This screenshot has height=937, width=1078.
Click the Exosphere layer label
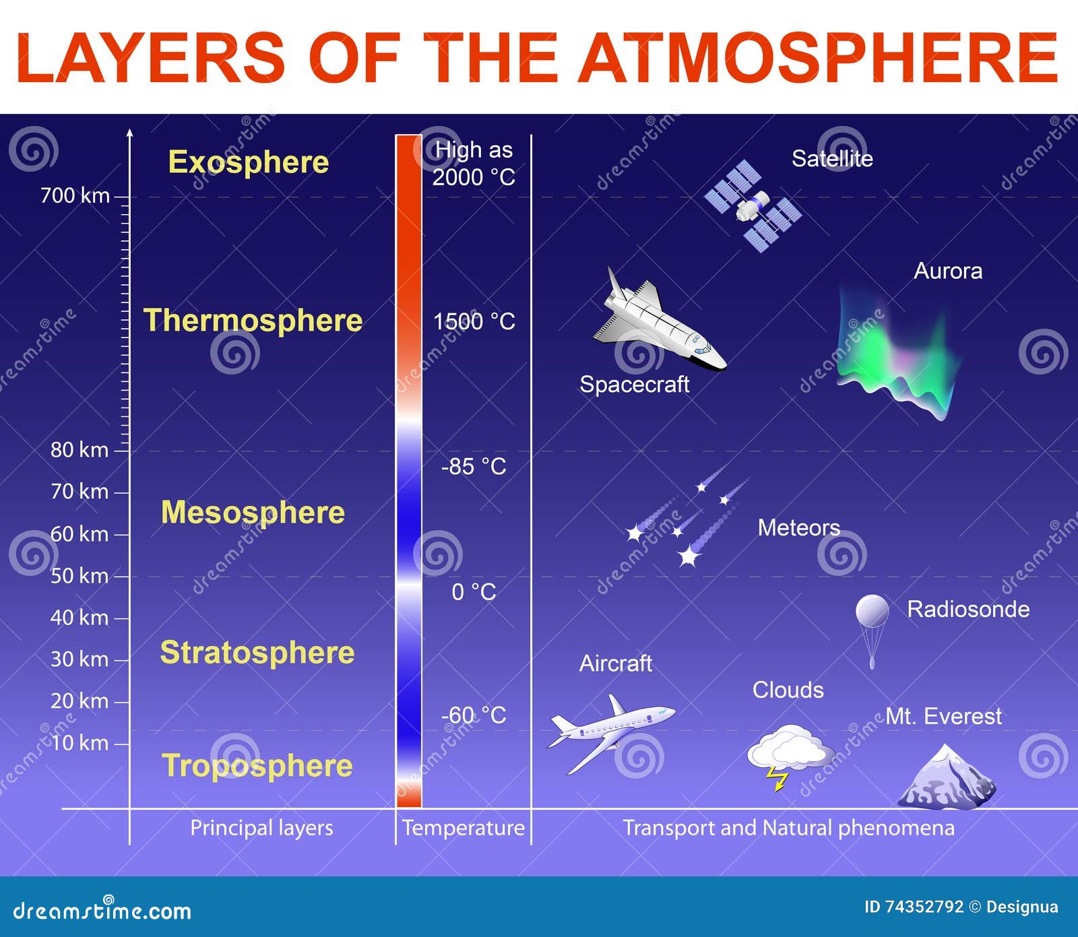(249, 162)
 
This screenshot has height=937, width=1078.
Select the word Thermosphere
(253, 320)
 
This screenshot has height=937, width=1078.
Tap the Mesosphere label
(253, 513)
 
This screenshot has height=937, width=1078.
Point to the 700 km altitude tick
(122, 197)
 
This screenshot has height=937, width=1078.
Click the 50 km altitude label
(79, 576)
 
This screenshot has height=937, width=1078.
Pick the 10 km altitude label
(79, 743)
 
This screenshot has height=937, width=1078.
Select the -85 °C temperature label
(474, 466)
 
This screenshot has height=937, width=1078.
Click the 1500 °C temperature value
(474, 321)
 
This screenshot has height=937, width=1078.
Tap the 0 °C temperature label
(474, 592)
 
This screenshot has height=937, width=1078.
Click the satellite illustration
(753, 205)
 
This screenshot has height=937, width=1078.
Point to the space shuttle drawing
(657, 321)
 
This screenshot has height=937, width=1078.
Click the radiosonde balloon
(872, 612)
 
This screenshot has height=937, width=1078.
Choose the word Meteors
(798, 527)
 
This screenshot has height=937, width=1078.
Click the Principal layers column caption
(261, 828)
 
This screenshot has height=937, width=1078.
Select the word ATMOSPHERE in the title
(818, 58)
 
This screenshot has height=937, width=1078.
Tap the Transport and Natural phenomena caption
(788, 828)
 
